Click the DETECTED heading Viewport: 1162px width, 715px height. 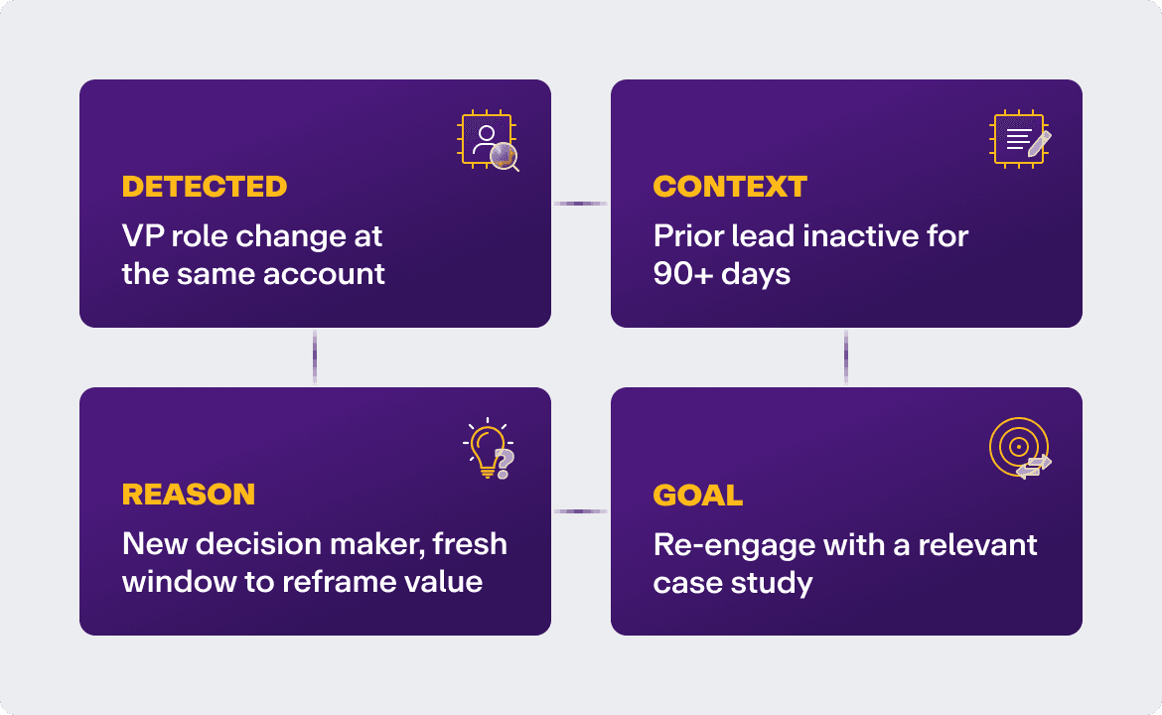pos(204,187)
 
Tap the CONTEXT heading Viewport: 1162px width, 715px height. pos(730,187)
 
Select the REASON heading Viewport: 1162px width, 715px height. pos(188,495)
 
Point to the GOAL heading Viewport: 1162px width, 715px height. pos(697,495)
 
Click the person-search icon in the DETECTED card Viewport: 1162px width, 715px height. pos(489,141)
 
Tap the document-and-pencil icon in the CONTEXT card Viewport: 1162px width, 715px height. pos(1021,140)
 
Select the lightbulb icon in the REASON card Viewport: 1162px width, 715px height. pos(486,450)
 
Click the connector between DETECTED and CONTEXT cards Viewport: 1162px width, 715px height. pos(580,204)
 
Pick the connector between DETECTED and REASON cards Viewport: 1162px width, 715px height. pos(315,357)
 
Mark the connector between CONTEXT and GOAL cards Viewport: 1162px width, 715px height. pos(846,357)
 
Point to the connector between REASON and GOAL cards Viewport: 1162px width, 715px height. pos(580,511)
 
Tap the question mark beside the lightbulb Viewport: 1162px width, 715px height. pos(505,461)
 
